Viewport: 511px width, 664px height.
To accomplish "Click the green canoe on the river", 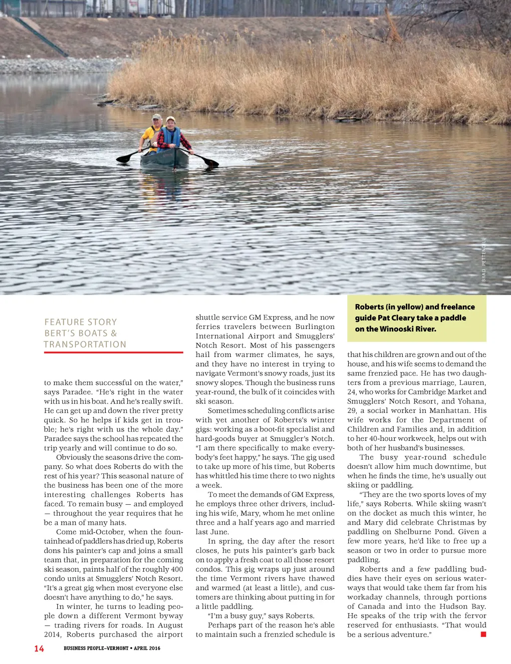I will click(165, 159).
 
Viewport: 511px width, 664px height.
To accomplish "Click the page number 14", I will click(39, 649).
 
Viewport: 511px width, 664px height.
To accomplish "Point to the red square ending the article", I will click(483, 635).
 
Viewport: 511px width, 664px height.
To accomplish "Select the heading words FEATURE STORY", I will click(81, 323).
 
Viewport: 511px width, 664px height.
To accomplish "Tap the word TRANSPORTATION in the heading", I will click(85, 344).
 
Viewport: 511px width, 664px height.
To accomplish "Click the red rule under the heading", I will click(113, 352).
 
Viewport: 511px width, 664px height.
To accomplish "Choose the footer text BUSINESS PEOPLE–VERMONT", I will click(96, 649).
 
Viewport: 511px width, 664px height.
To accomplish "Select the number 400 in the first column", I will click(177, 569).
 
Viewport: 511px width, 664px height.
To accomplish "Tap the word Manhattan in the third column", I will click(449, 410).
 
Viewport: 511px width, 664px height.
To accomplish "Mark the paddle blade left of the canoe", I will click(123, 159).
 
